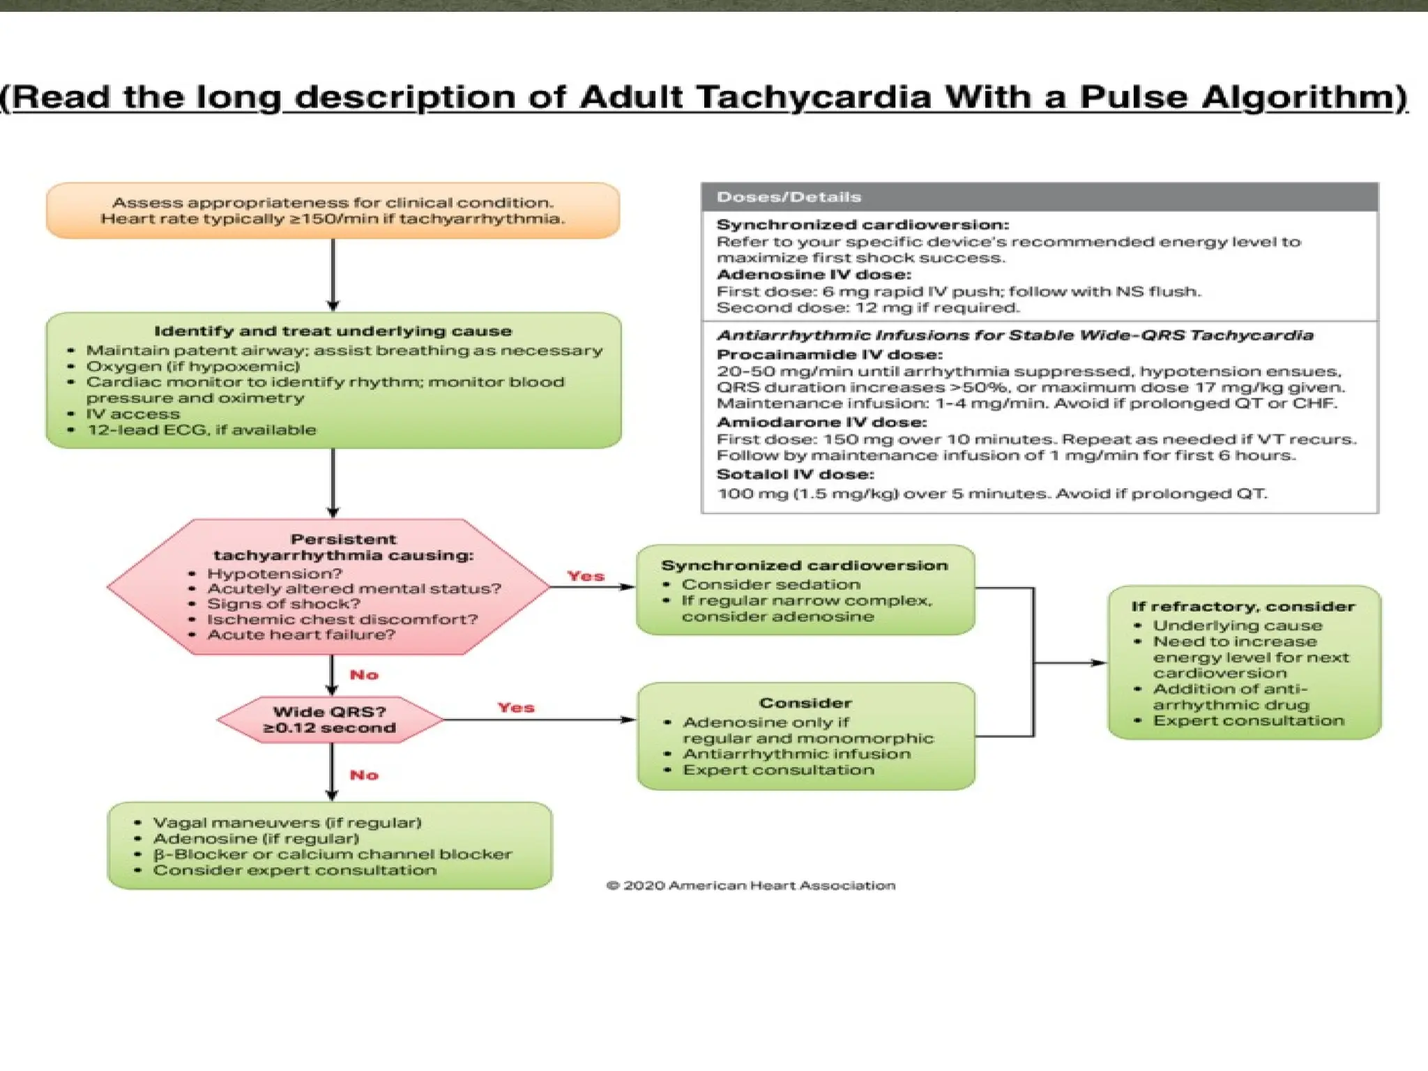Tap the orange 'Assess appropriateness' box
tap(333, 211)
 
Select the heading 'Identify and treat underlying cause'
tap(333, 331)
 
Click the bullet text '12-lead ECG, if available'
tap(201, 430)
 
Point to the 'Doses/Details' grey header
tap(789, 197)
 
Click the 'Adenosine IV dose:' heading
tap(814, 275)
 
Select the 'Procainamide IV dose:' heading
tap(829, 354)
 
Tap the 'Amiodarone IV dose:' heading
tap(821, 423)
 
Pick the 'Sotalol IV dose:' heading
tap(795, 475)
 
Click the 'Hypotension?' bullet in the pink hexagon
tap(275, 574)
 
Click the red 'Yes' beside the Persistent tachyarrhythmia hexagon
tap(585, 576)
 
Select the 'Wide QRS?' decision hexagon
tap(329, 720)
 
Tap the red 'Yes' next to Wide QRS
tap(516, 708)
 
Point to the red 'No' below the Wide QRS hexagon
tap(364, 775)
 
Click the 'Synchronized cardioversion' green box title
tap(804, 565)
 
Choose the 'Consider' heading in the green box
tap(805, 703)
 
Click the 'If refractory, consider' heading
tap(1243, 607)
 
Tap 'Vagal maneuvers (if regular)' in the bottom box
tap(287, 823)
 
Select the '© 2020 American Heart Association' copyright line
tap(751, 886)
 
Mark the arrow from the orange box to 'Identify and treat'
tap(333, 275)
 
